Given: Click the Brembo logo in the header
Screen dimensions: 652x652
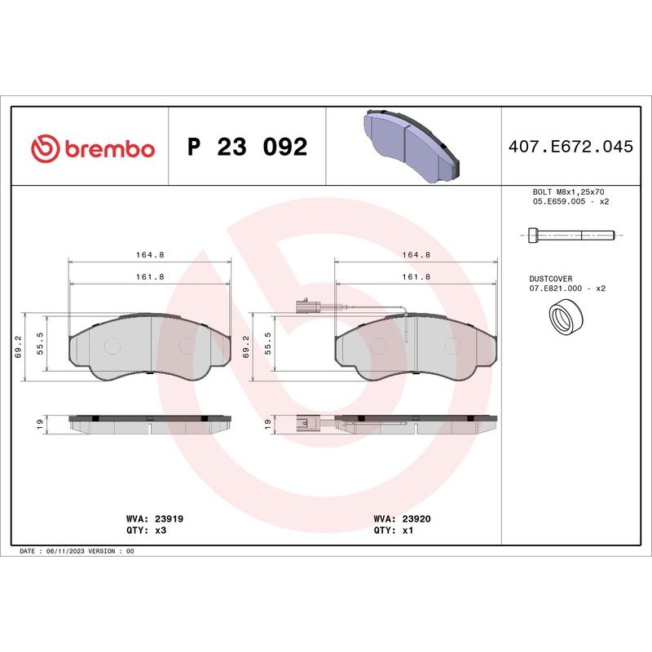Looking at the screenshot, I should coord(92,148).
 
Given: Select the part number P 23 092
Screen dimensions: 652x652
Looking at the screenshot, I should coord(247,148).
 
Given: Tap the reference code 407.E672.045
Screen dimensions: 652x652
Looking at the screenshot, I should coord(570,147).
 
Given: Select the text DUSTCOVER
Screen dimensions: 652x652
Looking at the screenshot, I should coord(551,278).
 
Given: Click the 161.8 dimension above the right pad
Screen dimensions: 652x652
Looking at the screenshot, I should coord(416,277).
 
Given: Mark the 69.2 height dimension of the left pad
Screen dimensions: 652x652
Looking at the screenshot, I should coord(18,346).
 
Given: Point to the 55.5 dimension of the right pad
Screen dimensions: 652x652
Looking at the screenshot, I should coord(267,346).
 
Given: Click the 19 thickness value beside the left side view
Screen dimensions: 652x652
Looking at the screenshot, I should coord(39,424).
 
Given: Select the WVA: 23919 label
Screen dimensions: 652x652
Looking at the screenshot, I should coord(148,518).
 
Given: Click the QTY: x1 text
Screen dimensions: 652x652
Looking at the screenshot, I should coord(394,529).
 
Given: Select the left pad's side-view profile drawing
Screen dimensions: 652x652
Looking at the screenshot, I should coord(149,424).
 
